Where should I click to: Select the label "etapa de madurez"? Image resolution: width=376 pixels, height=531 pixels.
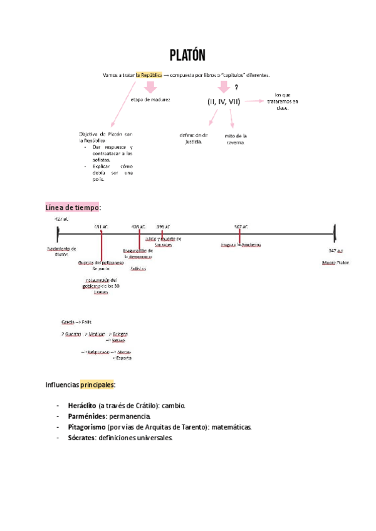(150, 100)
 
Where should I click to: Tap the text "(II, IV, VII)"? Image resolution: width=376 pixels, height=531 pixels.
(224, 101)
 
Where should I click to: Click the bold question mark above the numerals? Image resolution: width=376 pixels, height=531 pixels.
(236, 88)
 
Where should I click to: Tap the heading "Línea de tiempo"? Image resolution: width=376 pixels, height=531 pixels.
(73, 207)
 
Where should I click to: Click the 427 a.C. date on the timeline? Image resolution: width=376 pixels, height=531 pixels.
(61, 219)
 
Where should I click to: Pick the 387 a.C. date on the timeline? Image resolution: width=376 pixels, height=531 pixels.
(241, 226)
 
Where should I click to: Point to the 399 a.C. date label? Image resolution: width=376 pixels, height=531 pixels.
(163, 226)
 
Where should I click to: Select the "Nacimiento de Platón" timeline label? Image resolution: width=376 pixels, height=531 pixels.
(61, 251)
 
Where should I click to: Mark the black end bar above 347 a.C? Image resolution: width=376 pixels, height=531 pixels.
(335, 234)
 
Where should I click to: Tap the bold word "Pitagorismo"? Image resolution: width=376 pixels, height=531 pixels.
(86, 427)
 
